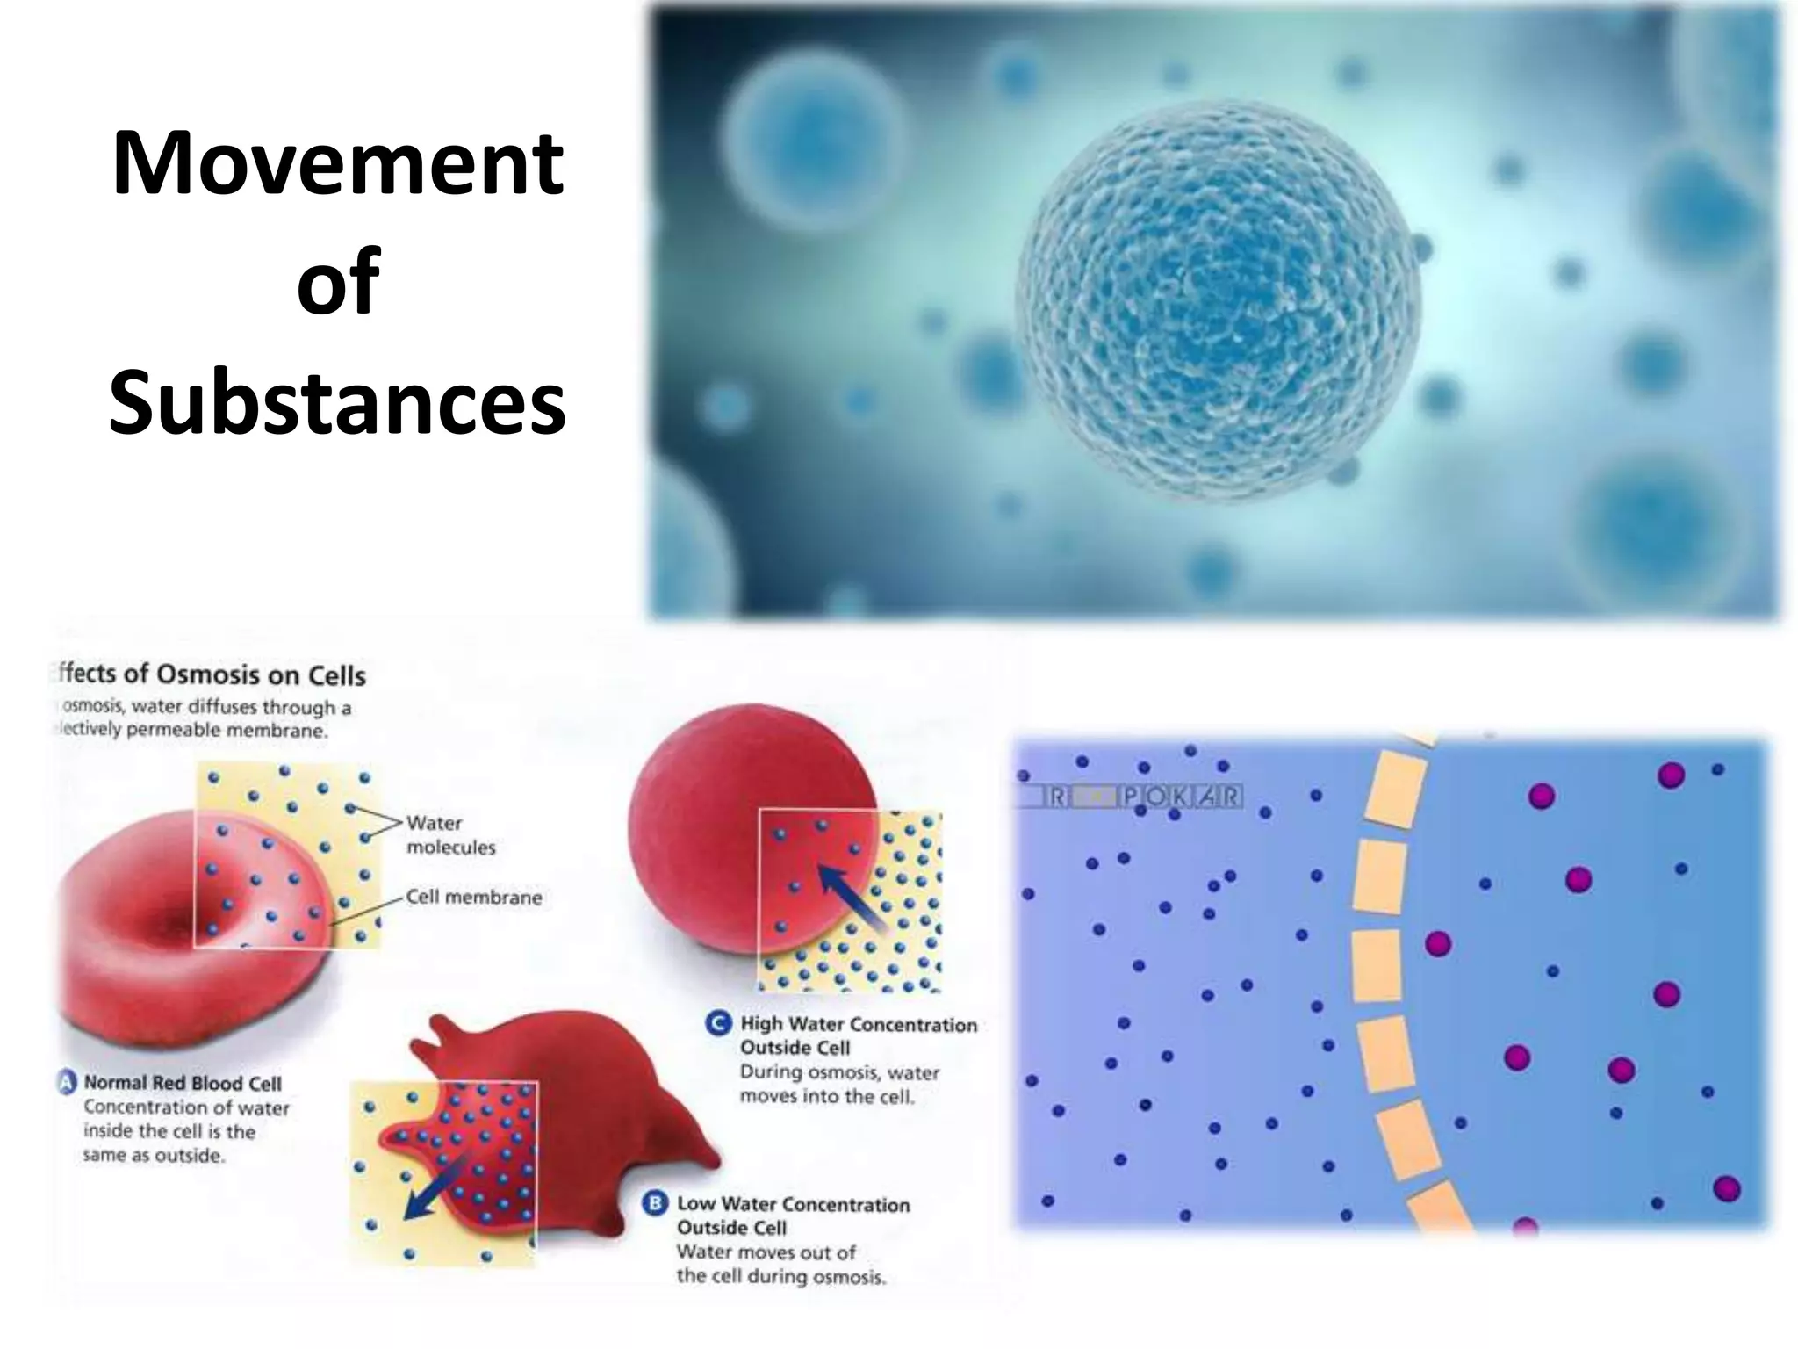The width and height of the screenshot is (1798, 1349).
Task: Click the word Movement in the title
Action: pyautogui.click(x=338, y=164)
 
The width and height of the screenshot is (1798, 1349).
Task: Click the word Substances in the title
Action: pyautogui.click(x=338, y=404)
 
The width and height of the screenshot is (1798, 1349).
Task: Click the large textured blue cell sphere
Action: pyautogui.click(x=1219, y=300)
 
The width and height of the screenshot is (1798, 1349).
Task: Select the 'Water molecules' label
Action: pyautogui.click(x=450, y=835)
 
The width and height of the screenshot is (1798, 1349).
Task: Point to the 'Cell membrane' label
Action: pyautogui.click(x=473, y=898)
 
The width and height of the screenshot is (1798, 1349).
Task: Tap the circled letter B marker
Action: pyautogui.click(x=655, y=1204)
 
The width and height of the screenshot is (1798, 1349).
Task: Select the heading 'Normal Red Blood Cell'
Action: pyautogui.click(x=183, y=1083)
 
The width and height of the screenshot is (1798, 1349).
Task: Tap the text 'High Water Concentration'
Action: pyautogui.click(x=858, y=1024)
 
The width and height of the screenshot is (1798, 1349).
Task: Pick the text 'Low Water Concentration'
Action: pyautogui.click(x=793, y=1204)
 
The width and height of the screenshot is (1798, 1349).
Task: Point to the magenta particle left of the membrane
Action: pyautogui.click(x=1437, y=944)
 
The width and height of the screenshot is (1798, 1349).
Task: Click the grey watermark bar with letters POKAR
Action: pyautogui.click(x=1133, y=797)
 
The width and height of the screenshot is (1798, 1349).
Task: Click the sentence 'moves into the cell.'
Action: pyautogui.click(x=826, y=1096)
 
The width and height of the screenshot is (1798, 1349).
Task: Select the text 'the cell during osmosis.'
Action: pyautogui.click(x=780, y=1276)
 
